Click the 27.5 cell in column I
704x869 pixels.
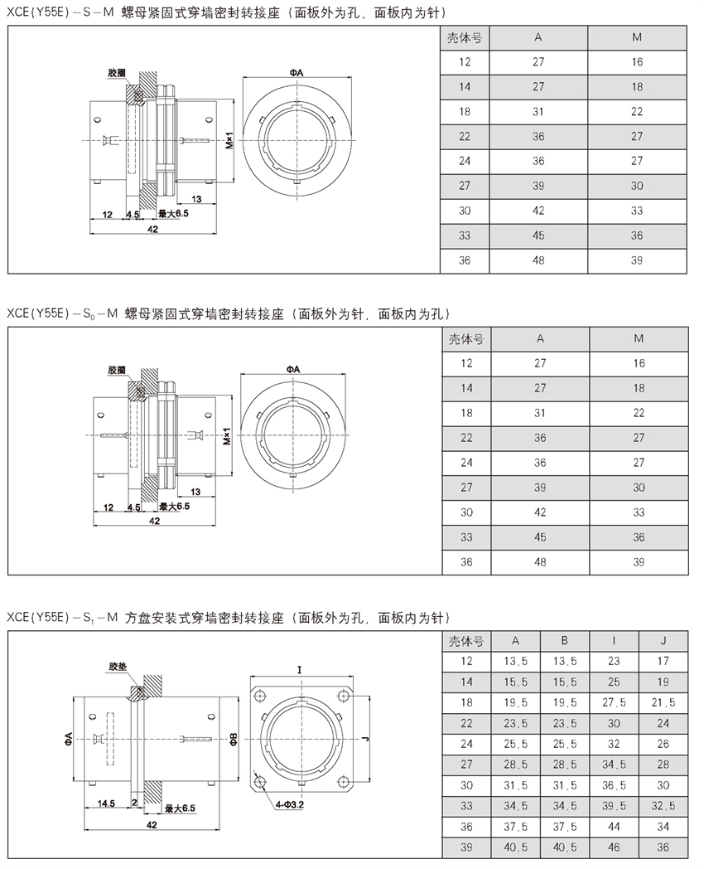614,702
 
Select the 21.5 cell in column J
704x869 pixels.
663,702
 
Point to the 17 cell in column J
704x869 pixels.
663,661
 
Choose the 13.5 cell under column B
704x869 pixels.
564,661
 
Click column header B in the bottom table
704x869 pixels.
564,640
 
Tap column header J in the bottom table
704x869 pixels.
663,640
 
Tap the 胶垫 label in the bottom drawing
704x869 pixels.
117,667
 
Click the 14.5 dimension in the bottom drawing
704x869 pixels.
105,803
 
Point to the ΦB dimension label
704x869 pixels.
234,737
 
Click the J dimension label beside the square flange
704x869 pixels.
364,736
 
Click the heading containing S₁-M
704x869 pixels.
227,618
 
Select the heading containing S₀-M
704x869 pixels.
227,314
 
